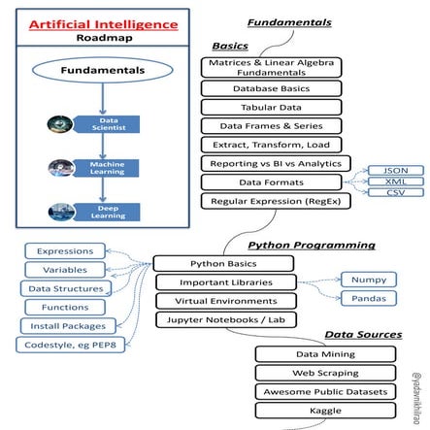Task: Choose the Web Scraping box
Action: (325, 373)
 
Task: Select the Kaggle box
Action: (325, 411)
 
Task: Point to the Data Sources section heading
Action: (362, 334)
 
